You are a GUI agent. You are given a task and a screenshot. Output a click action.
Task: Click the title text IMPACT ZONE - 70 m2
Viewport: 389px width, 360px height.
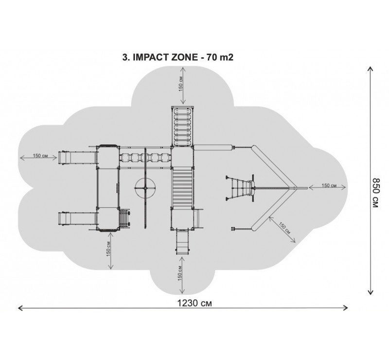click(183, 57)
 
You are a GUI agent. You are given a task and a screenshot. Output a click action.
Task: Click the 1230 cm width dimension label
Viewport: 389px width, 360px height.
click(195, 303)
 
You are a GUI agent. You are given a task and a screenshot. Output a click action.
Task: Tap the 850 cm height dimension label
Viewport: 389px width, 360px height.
click(375, 193)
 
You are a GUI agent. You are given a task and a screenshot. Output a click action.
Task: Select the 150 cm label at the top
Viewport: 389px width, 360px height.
click(181, 84)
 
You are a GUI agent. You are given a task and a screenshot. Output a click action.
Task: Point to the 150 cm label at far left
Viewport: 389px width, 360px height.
click(40, 156)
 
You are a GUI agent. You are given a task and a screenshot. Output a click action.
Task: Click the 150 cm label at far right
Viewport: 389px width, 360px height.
click(329, 185)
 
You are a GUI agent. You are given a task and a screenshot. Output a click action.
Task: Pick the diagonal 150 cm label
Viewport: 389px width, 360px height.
click(284, 228)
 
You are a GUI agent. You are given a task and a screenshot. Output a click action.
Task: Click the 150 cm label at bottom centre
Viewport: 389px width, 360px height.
click(180, 273)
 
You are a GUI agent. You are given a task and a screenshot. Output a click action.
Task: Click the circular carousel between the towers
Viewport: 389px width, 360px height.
click(145, 188)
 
